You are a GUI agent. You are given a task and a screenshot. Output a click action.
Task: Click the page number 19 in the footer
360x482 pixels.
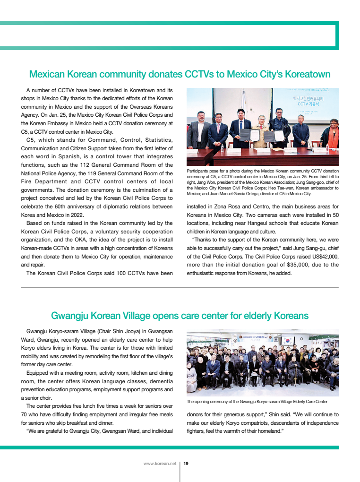pyautogui.click(x=186, y=464)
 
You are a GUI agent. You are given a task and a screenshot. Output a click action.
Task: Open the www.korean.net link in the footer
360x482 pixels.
pyautogui.click(x=160, y=464)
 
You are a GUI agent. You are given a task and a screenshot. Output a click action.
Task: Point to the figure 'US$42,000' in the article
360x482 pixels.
pyautogui.click(x=322, y=256)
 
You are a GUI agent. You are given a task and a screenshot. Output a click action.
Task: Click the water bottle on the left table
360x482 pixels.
pyautogui.click(x=222, y=147)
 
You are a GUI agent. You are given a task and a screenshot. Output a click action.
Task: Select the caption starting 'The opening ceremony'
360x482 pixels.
pyautogui.click(x=257, y=402)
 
